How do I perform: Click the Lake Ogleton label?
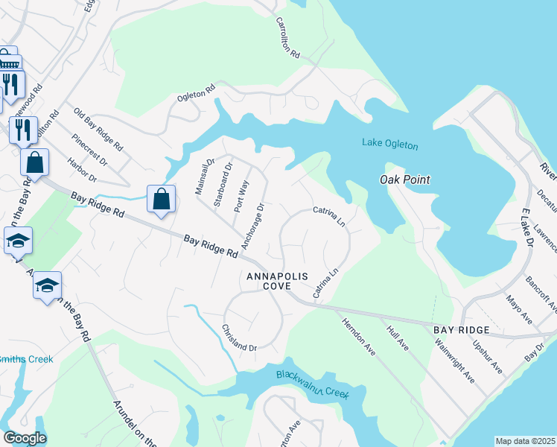pos(389,144)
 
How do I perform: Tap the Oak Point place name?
pos(405,180)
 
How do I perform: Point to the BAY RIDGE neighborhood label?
pos(462,329)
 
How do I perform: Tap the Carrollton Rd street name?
pos(287,39)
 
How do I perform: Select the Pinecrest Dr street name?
pos(89,149)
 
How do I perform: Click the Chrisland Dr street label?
pos(239,337)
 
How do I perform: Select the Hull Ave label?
pos(396,336)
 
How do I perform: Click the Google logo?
pos(25,437)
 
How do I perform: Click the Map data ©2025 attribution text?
pos(525,440)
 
